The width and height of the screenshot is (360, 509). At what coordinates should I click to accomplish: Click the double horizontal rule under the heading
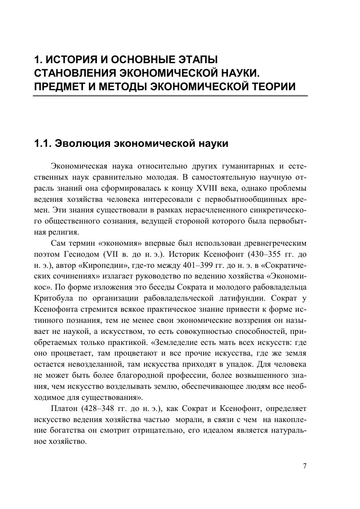tap(170, 96)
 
